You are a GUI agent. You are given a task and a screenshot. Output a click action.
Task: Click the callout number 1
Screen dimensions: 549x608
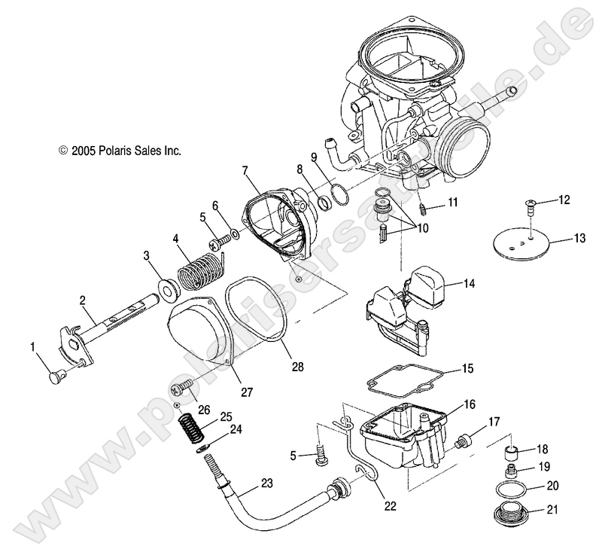pyautogui.click(x=32, y=346)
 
